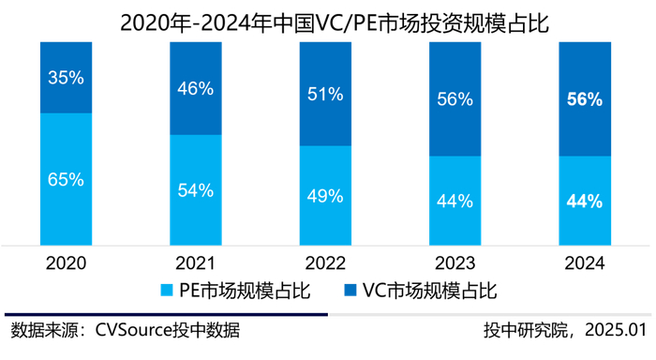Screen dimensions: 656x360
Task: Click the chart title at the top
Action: pos(335,23)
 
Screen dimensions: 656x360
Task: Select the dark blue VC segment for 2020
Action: pos(67,78)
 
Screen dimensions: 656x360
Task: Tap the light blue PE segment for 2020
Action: pos(67,179)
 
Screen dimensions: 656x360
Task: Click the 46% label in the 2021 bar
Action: pos(195,89)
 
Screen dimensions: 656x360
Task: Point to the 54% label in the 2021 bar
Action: pos(195,190)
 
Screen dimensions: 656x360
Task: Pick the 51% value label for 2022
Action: pos(325,94)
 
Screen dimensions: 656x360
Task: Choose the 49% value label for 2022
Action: pos(325,196)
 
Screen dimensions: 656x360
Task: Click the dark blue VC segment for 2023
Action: pos(455,99)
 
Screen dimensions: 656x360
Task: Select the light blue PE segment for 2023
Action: pos(455,201)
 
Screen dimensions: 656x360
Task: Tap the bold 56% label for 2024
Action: pos(585,99)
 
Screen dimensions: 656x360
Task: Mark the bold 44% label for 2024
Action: pos(585,202)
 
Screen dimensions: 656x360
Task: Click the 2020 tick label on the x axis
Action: pos(67,263)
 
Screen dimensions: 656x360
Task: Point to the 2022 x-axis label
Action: pos(325,263)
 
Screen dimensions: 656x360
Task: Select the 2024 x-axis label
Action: pos(585,263)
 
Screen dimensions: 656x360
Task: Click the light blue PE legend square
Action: pos(167,291)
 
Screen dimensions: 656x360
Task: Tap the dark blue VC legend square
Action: pos(350,290)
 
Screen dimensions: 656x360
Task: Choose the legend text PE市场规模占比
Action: pos(245,291)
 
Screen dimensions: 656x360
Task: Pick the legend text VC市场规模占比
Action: pos(429,291)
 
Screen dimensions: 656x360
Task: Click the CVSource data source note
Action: pos(125,330)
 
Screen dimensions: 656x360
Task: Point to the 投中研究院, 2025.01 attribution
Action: pos(566,330)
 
